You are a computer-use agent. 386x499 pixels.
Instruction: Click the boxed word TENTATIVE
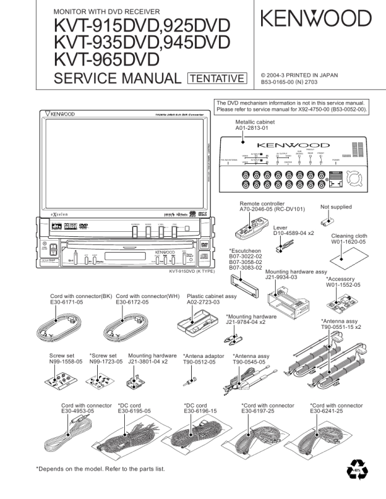pyautogui.click(x=217, y=78)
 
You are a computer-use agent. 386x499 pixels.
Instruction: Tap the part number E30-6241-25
pyautogui.click(x=326, y=411)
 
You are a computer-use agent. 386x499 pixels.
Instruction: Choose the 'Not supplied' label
pyautogui.click(x=336, y=207)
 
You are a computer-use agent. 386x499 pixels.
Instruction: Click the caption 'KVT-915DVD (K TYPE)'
pyautogui.click(x=192, y=272)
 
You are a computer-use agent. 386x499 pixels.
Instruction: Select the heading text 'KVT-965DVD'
pyautogui.click(x=107, y=59)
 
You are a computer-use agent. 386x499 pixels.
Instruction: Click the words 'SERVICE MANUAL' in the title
pyautogui.click(x=117, y=78)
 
